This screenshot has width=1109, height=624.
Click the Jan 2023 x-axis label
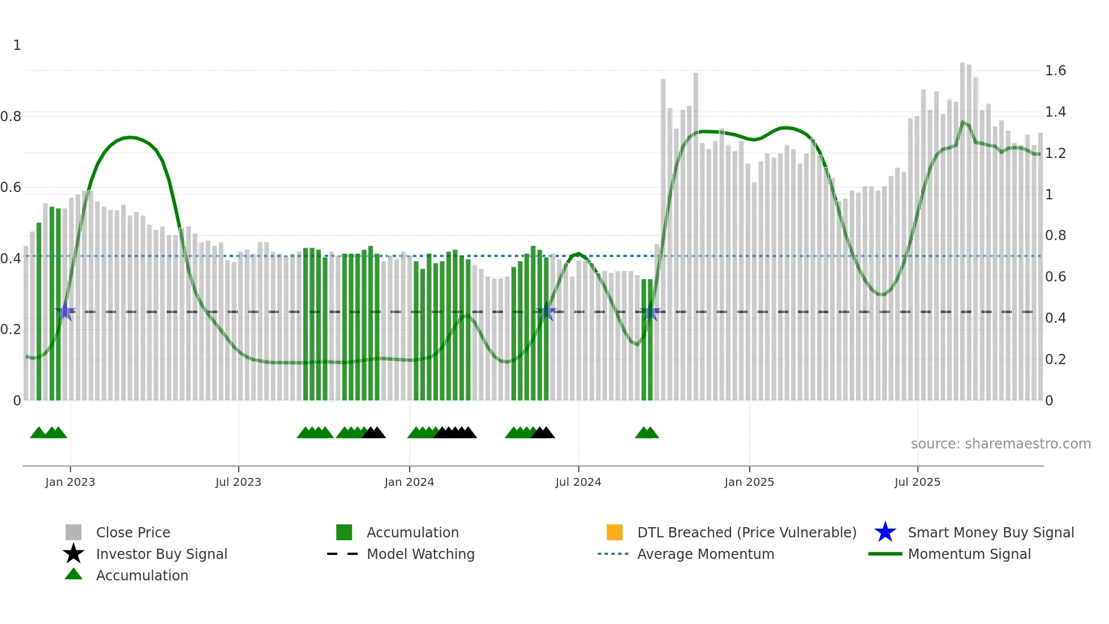tap(70, 482)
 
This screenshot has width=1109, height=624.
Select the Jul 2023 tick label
tap(238, 482)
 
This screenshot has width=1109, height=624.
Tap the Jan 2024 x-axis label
tap(409, 482)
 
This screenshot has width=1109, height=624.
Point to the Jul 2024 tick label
tap(578, 482)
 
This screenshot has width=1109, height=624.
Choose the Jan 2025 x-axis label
tap(749, 482)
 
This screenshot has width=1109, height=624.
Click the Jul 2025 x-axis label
tap(917, 482)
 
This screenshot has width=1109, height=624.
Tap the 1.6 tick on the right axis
tap(1055, 71)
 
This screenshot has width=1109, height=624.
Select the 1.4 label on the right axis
tap(1055, 112)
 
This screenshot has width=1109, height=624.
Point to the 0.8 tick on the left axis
tap(11, 117)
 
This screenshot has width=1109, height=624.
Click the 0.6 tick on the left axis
tap(11, 187)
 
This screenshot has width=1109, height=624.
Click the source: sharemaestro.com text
tap(1000, 444)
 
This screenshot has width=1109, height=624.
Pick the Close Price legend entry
tap(133, 532)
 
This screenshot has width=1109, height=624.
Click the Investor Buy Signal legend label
tap(161, 554)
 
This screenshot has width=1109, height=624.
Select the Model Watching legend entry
tap(420, 554)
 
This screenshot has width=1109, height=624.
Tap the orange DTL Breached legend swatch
tap(614, 532)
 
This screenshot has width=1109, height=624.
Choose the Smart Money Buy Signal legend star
tap(885, 532)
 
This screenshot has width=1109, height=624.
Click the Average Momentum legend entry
tap(706, 554)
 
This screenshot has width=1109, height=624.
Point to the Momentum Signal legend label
tap(969, 554)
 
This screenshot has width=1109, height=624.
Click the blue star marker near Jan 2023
tap(66, 311)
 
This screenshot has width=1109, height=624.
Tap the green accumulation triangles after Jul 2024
tap(647, 433)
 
